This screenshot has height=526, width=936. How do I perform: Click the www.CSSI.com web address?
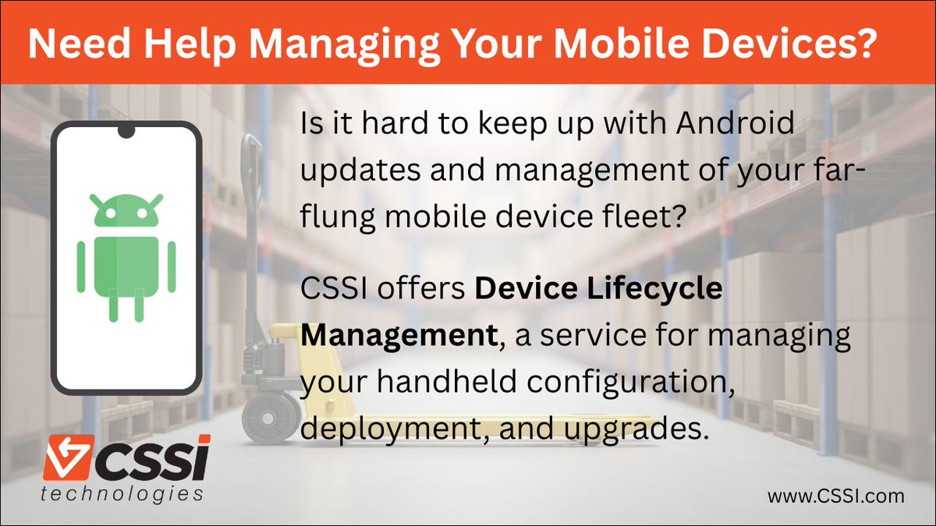[835, 495]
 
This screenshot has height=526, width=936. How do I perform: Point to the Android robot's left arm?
[81, 267]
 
